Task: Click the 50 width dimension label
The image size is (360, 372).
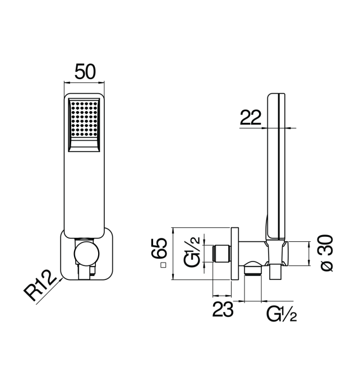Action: click(x=85, y=71)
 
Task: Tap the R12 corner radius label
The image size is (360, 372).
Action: click(x=40, y=285)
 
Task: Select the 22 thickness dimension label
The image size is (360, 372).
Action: click(x=251, y=117)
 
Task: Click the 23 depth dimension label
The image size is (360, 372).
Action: click(x=223, y=309)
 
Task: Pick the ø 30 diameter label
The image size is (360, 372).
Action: click(x=326, y=252)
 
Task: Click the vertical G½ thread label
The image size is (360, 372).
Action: click(x=192, y=252)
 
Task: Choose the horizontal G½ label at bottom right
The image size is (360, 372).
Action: click(x=281, y=314)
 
